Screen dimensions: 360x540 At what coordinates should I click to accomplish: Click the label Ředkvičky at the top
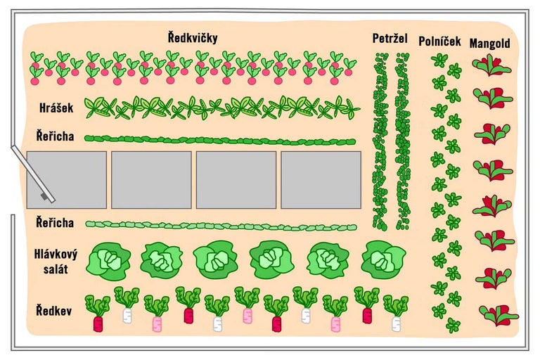click(193, 37)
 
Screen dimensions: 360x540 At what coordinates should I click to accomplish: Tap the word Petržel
click(390, 38)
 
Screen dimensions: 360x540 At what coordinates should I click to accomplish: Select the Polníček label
click(439, 40)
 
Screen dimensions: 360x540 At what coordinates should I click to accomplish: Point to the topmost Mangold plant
click(491, 65)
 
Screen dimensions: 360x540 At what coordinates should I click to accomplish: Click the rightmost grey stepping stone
click(321, 180)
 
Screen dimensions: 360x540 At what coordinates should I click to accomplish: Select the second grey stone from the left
click(151, 180)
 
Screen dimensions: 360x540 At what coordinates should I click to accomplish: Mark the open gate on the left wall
click(32, 172)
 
